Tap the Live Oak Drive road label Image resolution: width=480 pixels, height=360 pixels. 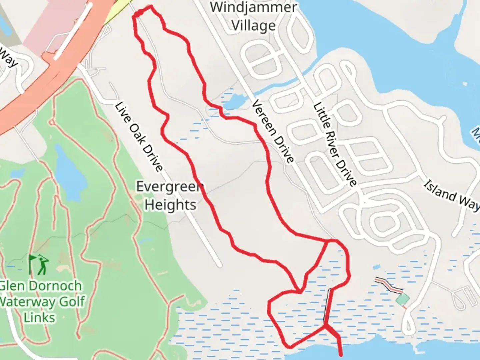(138, 137)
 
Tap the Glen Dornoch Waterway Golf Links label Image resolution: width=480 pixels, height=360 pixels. (41, 302)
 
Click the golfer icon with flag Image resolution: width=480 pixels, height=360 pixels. (39, 265)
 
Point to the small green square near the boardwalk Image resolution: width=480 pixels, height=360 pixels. (403, 299)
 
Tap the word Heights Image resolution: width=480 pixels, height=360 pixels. (170, 205)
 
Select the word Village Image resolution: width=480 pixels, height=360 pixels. (254, 25)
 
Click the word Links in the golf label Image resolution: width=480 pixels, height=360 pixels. (39, 317)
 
